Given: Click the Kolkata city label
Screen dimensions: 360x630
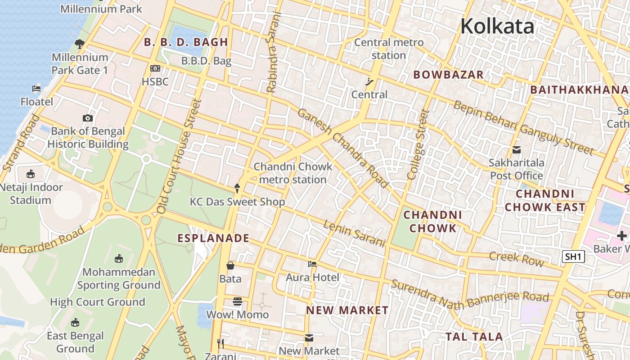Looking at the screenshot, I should tap(497, 26).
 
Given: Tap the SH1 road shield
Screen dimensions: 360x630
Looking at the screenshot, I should tap(573, 257).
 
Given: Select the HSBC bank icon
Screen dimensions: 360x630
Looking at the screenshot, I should tap(155, 68).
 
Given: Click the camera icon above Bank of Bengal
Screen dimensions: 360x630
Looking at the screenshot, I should tap(88, 118).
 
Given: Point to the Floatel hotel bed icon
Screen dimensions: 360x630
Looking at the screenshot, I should tap(36, 88).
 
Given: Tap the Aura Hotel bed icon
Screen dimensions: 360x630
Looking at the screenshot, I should tap(312, 264).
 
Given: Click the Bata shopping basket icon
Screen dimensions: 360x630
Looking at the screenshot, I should tap(230, 265).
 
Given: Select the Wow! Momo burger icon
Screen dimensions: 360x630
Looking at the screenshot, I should tap(238, 301).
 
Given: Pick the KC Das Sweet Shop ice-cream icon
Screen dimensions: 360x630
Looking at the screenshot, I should tap(238, 188).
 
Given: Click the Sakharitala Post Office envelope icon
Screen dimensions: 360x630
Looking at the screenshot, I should tap(516, 149).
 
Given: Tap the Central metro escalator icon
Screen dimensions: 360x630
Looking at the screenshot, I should tap(369, 81).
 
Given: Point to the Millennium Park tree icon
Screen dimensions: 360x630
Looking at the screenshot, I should tap(80, 44).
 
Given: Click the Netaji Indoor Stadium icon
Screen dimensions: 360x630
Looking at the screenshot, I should tap(31, 174).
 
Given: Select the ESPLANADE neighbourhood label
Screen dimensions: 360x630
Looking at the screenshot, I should tap(213, 238).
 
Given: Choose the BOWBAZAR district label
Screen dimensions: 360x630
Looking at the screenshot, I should tap(448, 75).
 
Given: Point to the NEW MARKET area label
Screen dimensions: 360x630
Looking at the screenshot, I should tap(347, 310).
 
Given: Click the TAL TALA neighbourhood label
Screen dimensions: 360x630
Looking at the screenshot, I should tap(474, 337).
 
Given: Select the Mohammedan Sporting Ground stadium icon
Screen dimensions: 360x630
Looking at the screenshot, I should tap(118, 259).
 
